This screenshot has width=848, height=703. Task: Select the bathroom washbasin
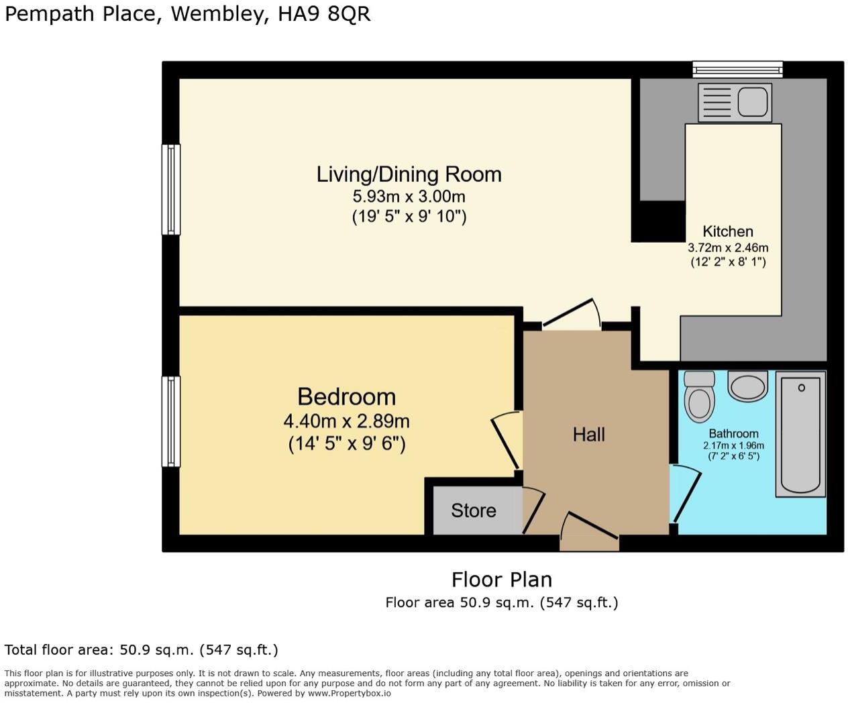pyautogui.click(x=747, y=386)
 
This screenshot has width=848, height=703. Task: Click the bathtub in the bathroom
pyautogui.click(x=800, y=435)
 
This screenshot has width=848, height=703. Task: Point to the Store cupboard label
pyautogui.click(x=473, y=510)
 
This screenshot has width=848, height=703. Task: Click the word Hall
pyautogui.click(x=588, y=435)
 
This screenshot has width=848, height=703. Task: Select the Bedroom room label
pyautogui.click(x=346, y=396)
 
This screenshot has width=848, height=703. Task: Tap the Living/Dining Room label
pyautogui.click(x=409, y=174)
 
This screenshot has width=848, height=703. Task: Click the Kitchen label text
pyautogui.click(x=727, y=231)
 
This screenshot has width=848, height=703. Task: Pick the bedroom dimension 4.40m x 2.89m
pyautogui.click(x=346, y=421)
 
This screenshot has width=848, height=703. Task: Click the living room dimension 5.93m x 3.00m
pyautogui.click(x=409, y=197)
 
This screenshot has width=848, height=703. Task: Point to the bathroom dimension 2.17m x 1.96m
pyautogui.click(x=733, y=445)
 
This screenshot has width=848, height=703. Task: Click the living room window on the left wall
pyautogui.click(x=172, y=189)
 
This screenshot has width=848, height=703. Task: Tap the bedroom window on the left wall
pyautogui.click(x=172, y=421)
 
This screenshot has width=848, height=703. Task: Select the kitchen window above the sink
pyautogui.click(x=737, y=68)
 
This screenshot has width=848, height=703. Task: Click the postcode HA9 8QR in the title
pyautogui.click(x=324, y=14)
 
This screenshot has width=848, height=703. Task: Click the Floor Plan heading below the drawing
pyautogui.click(x=501, y=579)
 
